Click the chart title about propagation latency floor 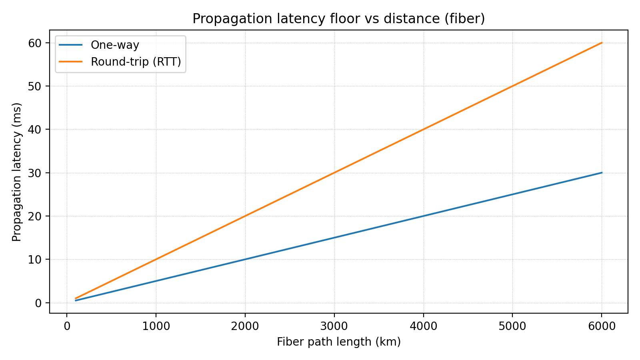338,19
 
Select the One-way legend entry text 115,45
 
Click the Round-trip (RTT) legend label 136,62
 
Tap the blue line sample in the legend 71,45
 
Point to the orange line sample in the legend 71,62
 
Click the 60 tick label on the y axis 35,43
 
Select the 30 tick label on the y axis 35,173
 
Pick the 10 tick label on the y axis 35,260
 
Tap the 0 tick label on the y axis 38,303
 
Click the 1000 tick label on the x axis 156,326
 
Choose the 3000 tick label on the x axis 334,326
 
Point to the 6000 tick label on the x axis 602,326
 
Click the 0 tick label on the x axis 67,326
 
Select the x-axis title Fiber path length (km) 338,342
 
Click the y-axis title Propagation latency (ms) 16,172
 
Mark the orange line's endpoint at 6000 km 602,43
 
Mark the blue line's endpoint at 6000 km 602,173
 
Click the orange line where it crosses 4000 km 423,129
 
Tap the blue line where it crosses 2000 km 245,259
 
